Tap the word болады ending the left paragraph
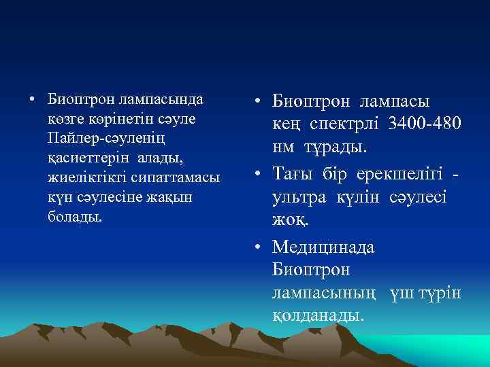(76, 217)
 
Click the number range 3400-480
(424, 124)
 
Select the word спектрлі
(346, 124)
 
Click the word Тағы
(290, 173)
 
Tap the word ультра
(299, 196)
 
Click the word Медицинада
(323, 246)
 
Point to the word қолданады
(318, 315)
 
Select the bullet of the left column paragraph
(31, 99)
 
